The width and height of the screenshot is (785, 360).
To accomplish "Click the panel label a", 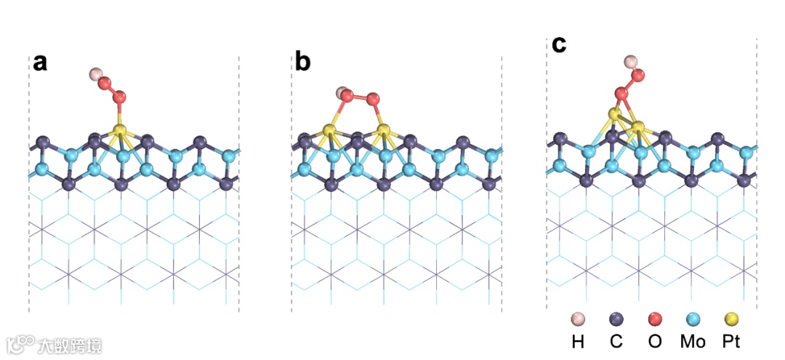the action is pyautogui.click(x=40, y=63).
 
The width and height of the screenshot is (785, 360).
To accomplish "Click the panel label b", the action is pyautogui.click(x=302, y=63).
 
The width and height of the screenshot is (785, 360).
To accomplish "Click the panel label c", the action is pyautogui.click(x=558, y=44).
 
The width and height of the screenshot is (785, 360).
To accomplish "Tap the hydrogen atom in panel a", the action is pyautogui.click(x=95, y=74).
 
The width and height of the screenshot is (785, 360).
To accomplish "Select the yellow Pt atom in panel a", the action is pyautogui.click(x=120, y=131).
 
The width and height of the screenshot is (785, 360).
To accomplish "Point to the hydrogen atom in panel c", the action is pyautogui.click(x=631, y=62).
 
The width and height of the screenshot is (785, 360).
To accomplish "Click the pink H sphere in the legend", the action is pyautogui.click(x=578, y=318).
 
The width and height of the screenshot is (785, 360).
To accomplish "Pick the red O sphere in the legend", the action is pyautogui.click(x=654, y=318).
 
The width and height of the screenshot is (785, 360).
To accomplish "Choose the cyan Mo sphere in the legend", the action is pyautogui.click(x=693, y=318).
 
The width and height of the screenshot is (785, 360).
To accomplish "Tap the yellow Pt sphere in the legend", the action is pyautogui.click(x=731, y=318).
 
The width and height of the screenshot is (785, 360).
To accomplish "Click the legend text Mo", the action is pyautogui.click(x=693, y=341).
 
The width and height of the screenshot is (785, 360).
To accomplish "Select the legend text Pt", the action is pyautogui.click(x=731, y=341).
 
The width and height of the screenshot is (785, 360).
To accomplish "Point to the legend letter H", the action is pyautogui.click(x=578, y=341).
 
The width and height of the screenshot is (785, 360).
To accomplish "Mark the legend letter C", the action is pyautogui.click(x=616, y=341).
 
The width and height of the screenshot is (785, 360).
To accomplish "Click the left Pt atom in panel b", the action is pyautogui.click(x=329, y=132).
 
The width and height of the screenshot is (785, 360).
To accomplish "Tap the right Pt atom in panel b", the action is pyautogui.click(x=382, y=132).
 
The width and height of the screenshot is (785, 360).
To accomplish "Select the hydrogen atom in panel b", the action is pyautogui.click(x=341, y=93).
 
